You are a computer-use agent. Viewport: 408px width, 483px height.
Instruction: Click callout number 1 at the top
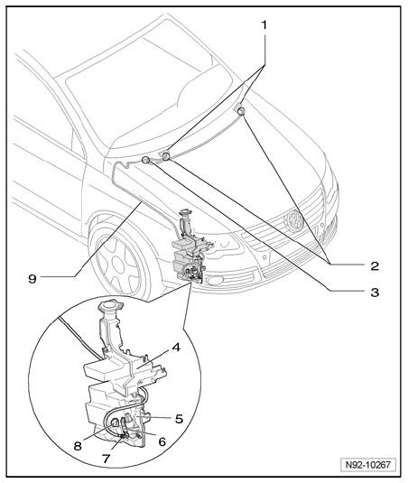click(264, 25)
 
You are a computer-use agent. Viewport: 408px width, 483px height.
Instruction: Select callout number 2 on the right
click(374, 265)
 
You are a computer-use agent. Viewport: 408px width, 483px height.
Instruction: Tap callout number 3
click(375, 292)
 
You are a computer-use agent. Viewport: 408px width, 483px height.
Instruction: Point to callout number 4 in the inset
click(176, 348)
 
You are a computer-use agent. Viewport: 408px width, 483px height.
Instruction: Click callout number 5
click(179, 419)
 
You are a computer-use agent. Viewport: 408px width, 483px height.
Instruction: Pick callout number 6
click(162, 442)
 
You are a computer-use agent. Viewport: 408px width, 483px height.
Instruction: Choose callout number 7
click(106, 460)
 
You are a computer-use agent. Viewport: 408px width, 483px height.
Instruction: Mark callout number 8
click(78, 446)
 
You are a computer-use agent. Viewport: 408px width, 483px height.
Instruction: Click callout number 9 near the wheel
click(32, 279)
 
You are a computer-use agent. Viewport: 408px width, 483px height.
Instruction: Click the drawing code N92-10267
click(367, 465)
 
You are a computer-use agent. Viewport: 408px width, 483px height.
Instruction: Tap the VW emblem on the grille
click(294, 220)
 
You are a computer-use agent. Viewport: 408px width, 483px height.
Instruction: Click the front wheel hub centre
click(117, 264)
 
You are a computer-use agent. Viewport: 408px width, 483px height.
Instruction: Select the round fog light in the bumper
click(215, 280)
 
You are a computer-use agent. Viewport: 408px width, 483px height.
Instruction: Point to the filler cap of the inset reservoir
click(110, 305)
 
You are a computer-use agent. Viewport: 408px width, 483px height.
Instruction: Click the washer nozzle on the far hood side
click(240, 111)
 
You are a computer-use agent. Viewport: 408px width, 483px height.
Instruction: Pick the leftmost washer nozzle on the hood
click(145, 160)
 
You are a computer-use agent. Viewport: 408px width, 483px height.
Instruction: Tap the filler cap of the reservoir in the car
click(185, 212)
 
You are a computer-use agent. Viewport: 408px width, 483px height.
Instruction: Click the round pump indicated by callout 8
click(116, 423)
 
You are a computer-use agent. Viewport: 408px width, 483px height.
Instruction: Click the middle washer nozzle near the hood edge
click(166, 156)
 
